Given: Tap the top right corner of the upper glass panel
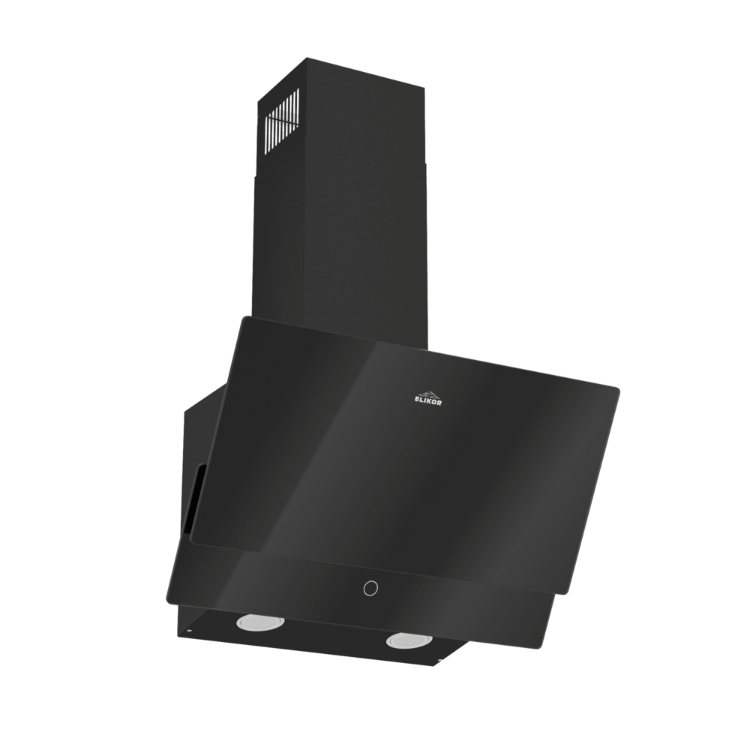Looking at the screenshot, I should [619, 388].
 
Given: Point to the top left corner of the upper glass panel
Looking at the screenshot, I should [241, 318].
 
